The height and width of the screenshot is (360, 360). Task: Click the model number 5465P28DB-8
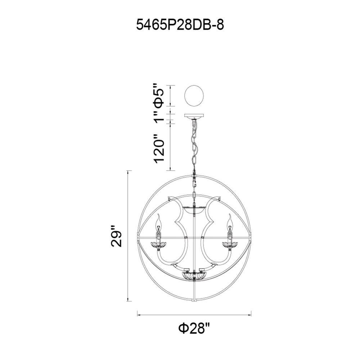tap(180, 24)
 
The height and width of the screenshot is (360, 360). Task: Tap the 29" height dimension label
tap(116, 237)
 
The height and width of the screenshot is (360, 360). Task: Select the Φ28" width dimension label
tap(194, 329)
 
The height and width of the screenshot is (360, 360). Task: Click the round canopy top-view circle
tap(194, 96)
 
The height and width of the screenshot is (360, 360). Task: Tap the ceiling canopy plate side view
tap(194, 116)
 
